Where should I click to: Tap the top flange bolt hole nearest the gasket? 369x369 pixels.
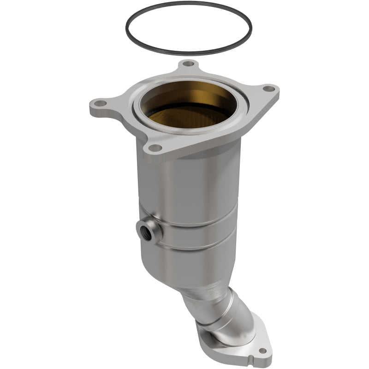coord(187,64)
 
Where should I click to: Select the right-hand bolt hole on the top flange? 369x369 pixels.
coord(269,89)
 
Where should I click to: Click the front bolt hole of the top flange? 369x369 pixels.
coord(156,148)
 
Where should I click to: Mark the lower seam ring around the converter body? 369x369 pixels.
coord(194,249)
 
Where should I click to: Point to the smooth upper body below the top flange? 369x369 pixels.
coord(194,184)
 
